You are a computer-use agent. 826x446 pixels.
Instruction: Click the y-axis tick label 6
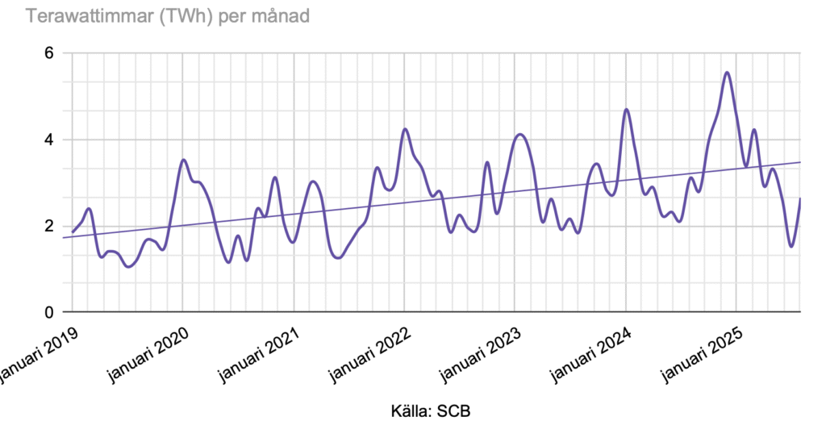(48, 53)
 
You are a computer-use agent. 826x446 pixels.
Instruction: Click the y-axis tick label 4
(48, 140)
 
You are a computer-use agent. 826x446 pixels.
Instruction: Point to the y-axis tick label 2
(48, 226)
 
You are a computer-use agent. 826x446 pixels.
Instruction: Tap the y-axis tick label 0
(48, 312)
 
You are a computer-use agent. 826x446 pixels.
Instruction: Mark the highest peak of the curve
(728, 73)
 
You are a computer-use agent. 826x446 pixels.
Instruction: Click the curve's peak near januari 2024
(626, 109)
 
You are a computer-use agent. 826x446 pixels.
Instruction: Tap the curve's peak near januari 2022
(405, 129)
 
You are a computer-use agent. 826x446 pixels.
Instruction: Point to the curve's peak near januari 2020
(184, 160)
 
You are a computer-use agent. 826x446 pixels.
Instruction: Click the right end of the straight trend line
(799, 162)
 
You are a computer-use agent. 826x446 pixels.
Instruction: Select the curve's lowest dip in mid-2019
(128, 266)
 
